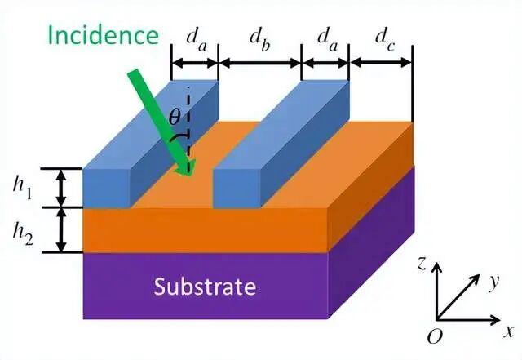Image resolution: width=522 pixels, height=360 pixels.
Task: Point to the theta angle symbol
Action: coord(175,117)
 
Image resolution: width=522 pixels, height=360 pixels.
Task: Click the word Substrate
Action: coord(206,287)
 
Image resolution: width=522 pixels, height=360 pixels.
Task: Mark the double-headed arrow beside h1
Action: coord(62,189)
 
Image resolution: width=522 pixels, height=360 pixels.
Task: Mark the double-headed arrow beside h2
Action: coord(62,229)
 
